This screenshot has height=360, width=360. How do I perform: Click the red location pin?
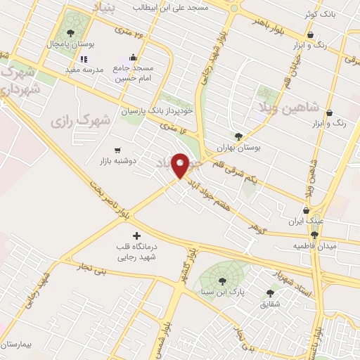[181, 165]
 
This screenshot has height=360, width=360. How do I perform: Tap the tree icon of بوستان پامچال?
[70, 33]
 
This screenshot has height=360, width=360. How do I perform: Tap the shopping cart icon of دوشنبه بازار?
[117, 150]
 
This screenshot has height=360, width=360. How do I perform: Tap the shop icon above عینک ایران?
[306, 210]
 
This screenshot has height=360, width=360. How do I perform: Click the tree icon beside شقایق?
[270, 294]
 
